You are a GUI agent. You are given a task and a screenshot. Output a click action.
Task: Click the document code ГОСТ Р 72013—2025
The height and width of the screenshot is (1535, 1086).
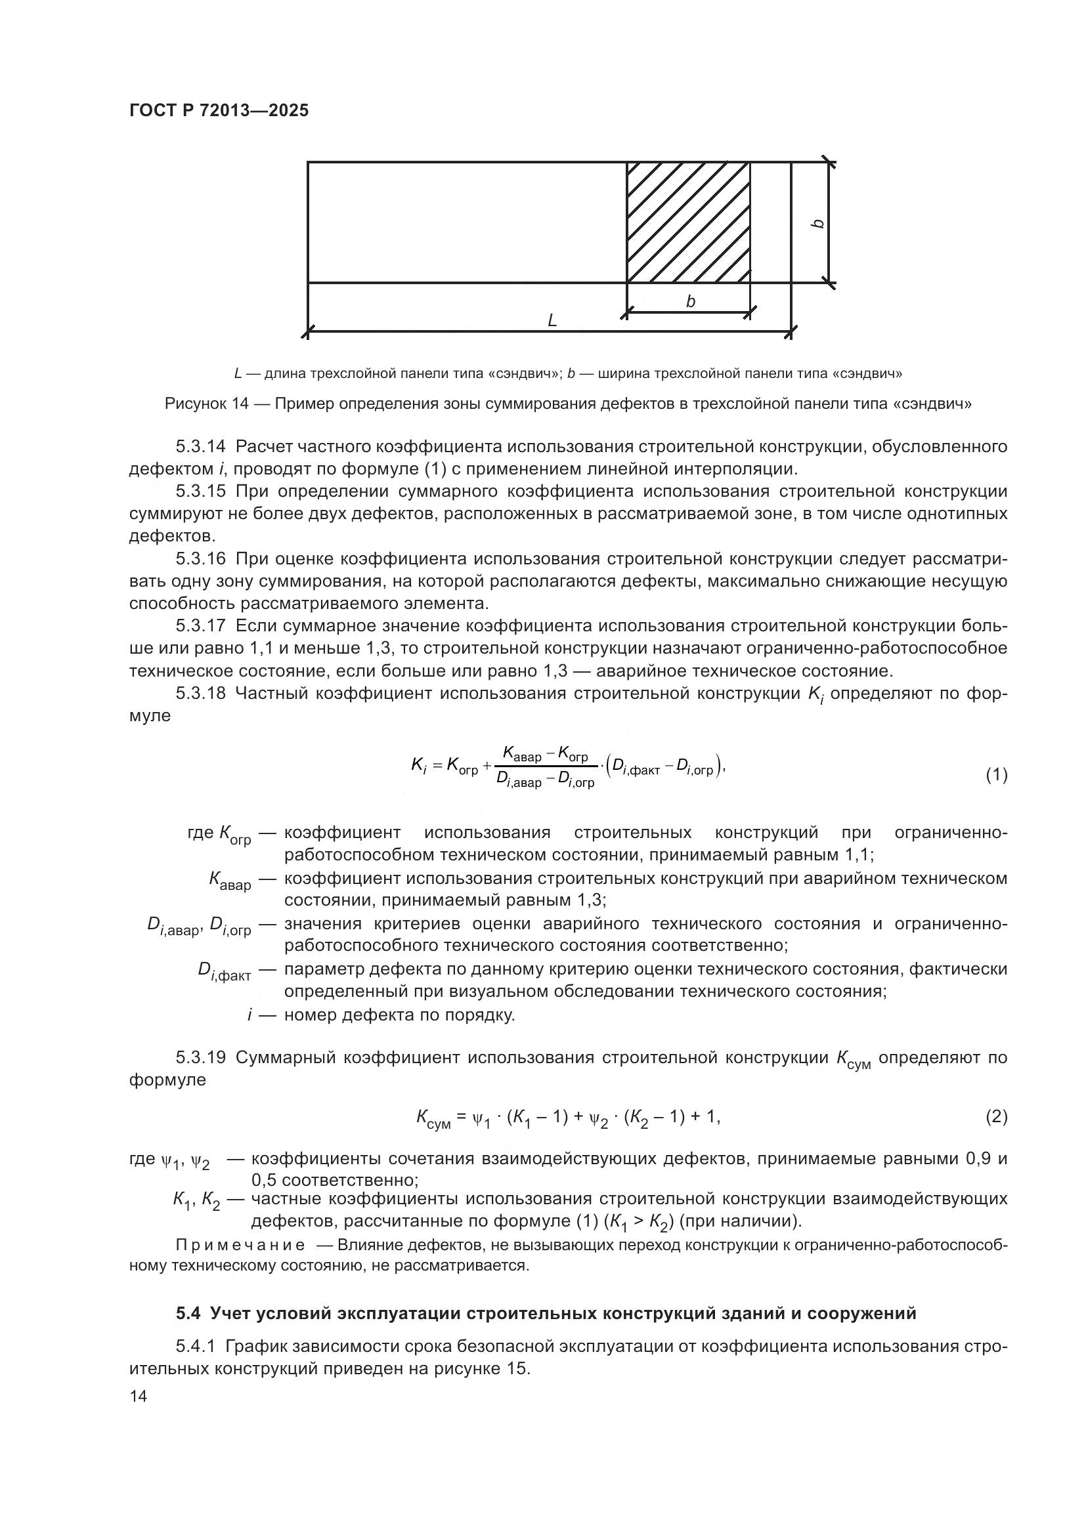[x=219, y=111]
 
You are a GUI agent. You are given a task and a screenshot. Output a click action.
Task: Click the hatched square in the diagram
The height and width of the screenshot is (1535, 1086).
[x=687, y=222]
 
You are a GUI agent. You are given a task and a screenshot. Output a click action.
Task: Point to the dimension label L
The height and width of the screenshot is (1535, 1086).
[x=552, y=321]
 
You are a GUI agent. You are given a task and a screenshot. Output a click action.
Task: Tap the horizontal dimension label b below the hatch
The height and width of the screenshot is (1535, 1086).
[x=690, y=301]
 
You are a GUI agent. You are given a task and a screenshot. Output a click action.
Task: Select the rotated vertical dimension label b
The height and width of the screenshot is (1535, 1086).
[x=817, y=223]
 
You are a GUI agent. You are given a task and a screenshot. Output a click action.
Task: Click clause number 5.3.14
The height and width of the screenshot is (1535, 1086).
[x=201, y=447]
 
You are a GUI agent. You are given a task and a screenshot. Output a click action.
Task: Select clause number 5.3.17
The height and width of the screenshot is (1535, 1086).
[x=201, y=626]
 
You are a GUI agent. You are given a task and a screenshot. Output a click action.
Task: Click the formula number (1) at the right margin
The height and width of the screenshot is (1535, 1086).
[x=996, y=775]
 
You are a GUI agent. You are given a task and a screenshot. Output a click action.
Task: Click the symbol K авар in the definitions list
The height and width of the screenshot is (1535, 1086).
[x=229, y=881]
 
